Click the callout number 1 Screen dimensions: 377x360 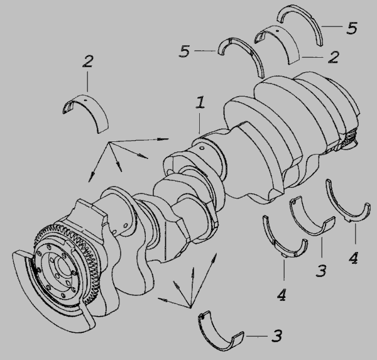click(200, 102)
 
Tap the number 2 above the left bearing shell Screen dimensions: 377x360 click(87, 62)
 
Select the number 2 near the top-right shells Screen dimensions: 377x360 click(334, 57)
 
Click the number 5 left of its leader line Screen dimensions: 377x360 click(185, 52)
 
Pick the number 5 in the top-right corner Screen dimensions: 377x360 click(352, 28)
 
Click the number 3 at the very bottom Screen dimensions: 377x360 click(276, 336)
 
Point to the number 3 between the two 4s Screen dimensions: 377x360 click(321, 271)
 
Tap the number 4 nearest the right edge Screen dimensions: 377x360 click(353, 258)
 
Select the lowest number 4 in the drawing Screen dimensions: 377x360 click(281, 295)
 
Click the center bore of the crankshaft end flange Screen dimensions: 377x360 click(63, 268)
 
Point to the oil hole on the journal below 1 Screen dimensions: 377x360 click(202, 148)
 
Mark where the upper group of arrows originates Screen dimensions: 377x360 click(109, 143)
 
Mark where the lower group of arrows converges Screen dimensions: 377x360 click(190, 307)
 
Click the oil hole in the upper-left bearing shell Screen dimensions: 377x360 click(84, 99)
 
